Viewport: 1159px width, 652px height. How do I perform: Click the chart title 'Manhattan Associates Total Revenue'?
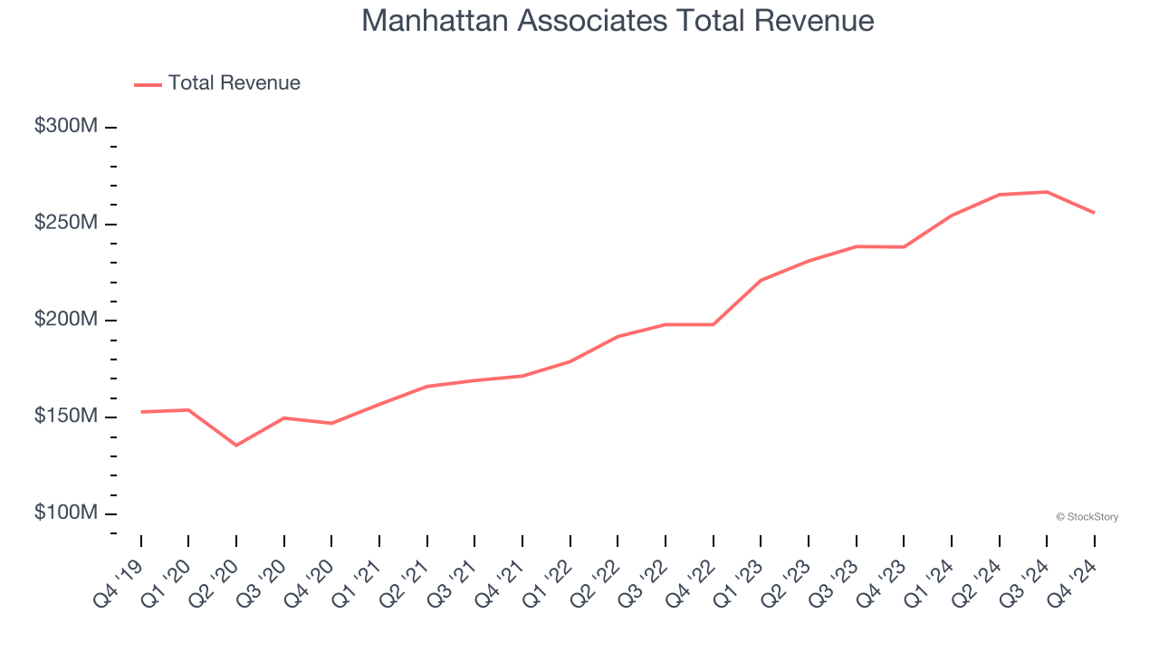pyautogui.click(x=618, y=21)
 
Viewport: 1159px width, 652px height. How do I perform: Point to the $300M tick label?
pyautogui.click(x=66, y=127)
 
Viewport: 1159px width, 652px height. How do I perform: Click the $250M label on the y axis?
pyautogui.click(x=66, y=224)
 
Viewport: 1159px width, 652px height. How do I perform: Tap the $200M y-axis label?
pyautogui.click(x=66, y=320)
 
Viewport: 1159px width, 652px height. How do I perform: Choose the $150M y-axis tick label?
pyautogui.click(x=66, y=417)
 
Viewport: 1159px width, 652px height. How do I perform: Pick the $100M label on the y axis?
pyautogui.click(x=66, y=513)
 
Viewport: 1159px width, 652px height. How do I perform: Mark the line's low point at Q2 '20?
pyautogui.click(x=236, y=446)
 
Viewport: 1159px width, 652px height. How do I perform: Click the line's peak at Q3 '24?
pyautogui.click(x=1047, y=192)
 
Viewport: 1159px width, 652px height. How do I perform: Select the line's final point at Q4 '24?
pyautogui.click(x=1094, y=213)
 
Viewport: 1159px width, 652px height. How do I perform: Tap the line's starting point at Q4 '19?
pyautogui.click(x=141, y=412)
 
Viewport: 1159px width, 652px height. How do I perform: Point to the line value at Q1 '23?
pyautogui.click(x=761, y=280)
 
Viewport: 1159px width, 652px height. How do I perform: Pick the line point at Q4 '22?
pyautogui.click(x=714, y=324)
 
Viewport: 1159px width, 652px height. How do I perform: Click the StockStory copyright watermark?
pyautogui.click(x=1087, y=517)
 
